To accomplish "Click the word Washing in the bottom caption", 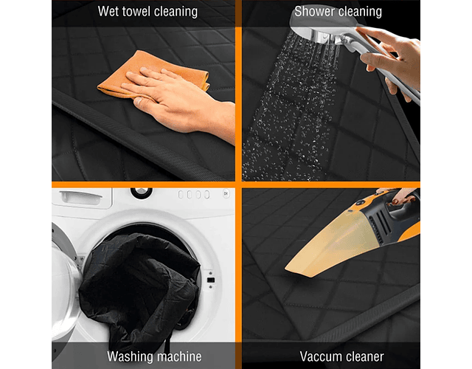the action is [x=130, y=357].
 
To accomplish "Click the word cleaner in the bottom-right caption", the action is [x=362, y=356].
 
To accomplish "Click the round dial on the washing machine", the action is [x=141, y=193].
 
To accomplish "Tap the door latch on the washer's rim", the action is [x=211, y=280].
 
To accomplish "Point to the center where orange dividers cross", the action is [x=238, y=184].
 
